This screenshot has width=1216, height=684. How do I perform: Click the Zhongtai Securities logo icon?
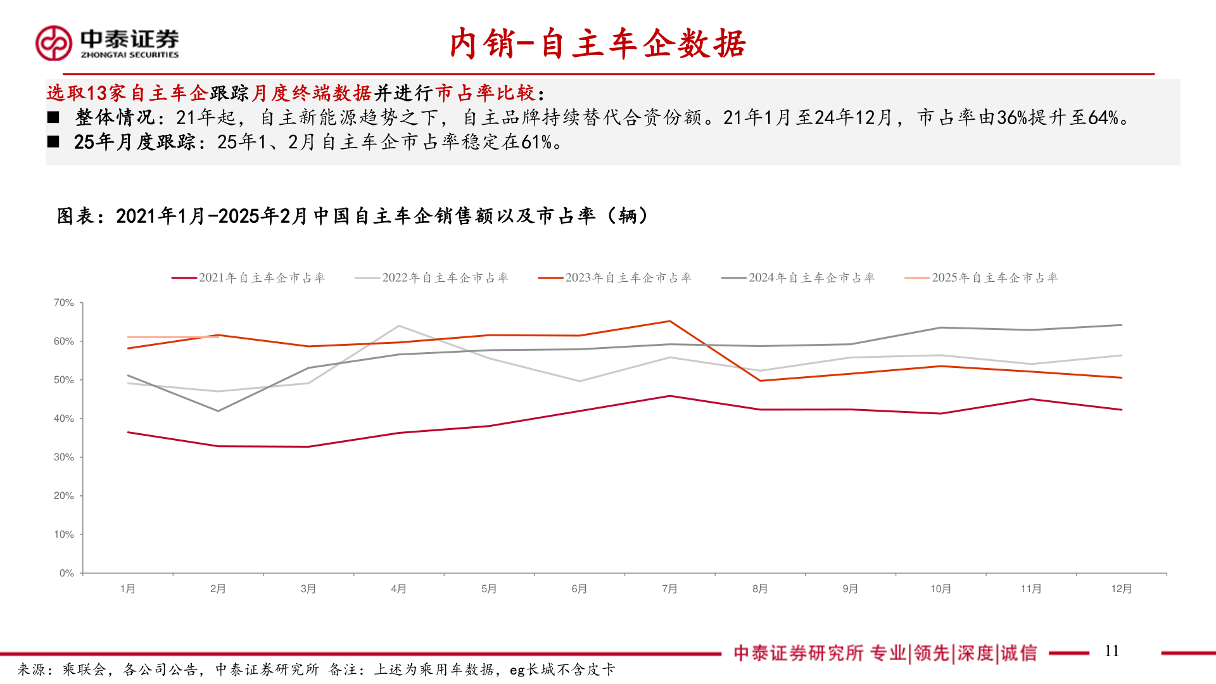tap(54, 43)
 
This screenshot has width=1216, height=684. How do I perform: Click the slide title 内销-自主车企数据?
tap(598, 44)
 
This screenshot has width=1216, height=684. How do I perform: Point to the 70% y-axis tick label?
tap(63, 303)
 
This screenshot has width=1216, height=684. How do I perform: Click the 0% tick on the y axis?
tap(66, 573)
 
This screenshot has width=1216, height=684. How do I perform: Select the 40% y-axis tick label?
tap(63, 419)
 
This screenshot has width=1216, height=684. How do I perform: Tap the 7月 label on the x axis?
tap(669, 589)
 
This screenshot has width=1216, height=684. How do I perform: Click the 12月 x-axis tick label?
tap(1121, 589)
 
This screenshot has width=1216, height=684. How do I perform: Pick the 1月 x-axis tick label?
tap(128, 589)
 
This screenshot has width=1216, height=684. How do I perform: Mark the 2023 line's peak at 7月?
tap(670, 321)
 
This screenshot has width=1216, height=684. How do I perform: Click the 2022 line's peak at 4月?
tap(399, 326)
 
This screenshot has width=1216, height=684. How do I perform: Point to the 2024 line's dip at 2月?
tap(218, 411)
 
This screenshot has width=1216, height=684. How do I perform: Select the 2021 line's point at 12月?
tap(1121, 410)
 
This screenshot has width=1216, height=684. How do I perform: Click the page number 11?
tap(1111, 651)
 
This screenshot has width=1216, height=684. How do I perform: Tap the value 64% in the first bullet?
tap(1103, 118)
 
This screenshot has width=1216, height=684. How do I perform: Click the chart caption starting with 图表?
tap(352, 216)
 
